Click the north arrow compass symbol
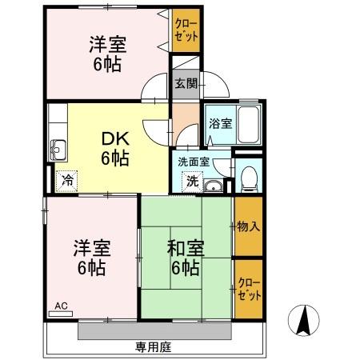305,321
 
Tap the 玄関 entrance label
183,82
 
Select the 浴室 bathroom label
220,124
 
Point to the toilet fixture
248,177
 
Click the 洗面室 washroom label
193,161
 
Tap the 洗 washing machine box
192,181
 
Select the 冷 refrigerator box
67,179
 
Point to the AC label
62,306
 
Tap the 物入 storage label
249,226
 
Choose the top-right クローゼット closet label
187,31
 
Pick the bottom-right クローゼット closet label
249,289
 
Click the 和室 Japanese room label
186,247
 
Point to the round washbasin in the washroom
212,187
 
